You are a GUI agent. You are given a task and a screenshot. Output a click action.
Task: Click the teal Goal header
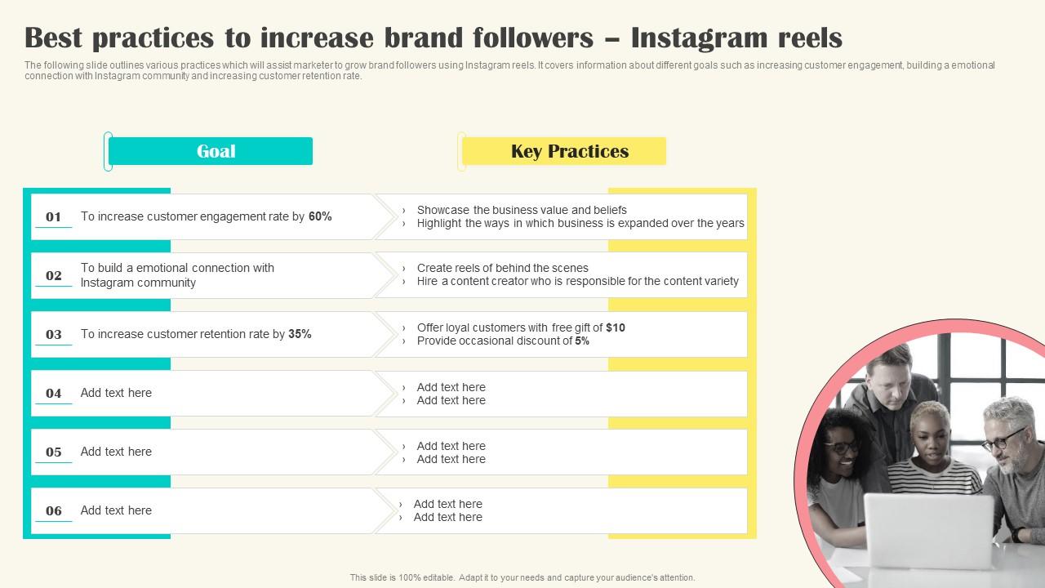click(211, 151)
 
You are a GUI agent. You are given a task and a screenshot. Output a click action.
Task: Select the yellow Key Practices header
click(564, 151)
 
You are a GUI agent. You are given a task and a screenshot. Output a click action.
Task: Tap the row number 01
click(54, 216)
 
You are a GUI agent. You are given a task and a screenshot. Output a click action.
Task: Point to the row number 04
click(54, 393)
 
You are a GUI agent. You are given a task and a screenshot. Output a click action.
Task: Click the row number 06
click(54, 510)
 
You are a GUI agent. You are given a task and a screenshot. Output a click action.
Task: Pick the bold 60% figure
click(320, 216)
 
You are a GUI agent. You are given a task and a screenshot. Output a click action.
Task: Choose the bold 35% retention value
click(300, 334)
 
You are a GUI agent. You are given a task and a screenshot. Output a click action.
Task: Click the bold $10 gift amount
click(616, 327)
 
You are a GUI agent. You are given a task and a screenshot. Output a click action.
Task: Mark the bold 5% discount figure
click(582, 341)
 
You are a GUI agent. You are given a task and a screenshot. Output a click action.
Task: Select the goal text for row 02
click(177, 275)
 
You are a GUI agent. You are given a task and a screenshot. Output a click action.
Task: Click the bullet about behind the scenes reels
click(502, 268)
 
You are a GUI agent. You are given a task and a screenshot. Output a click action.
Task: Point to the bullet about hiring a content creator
click(577, 281)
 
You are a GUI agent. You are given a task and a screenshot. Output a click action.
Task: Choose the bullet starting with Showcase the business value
click(522, 210)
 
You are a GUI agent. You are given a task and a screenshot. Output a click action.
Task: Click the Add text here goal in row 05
click(116, 452)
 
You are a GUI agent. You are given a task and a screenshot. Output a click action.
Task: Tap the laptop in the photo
click(928, 531)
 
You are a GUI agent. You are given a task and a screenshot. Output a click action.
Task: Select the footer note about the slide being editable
click(522, 577)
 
